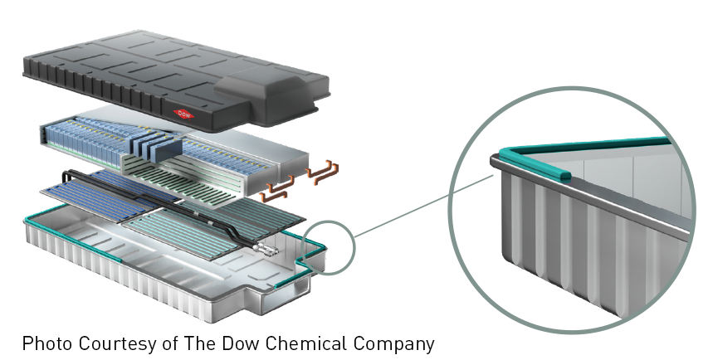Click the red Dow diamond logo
[183, 114]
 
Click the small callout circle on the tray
[327, 246]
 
